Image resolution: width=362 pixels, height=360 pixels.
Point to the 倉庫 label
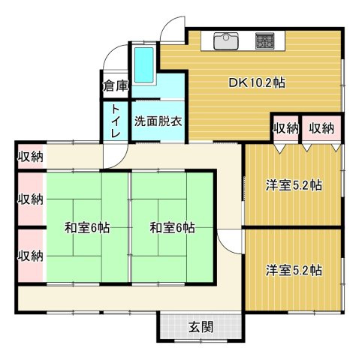coord(115,84)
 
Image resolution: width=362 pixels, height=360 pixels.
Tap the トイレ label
coord(116,121)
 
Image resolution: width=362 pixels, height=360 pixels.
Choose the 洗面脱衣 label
coord(158,121)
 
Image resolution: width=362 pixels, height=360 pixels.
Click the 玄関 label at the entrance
coord(200,327)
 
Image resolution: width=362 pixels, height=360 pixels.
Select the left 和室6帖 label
coord(87,228)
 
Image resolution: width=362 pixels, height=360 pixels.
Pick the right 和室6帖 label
coord(172,228)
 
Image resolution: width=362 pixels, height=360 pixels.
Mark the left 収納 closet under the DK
coord(286,128)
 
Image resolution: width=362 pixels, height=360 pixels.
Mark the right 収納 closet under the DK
coord(321,128)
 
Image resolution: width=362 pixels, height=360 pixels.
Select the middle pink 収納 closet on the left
coord(31,199)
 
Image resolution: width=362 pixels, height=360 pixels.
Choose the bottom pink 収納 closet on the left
coord(31,256)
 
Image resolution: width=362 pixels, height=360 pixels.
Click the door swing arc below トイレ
coord(115,154)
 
